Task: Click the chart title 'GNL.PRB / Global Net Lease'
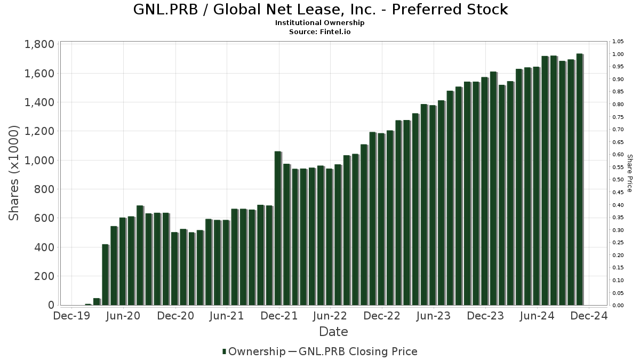click(x=319, y=10)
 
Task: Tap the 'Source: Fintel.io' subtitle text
click(x=319, y=31)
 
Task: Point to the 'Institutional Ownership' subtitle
click(x=319, y=23)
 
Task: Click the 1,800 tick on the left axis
click(x=39, y=44)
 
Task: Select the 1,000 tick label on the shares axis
click(x=39, y=161)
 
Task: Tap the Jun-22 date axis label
click(x=330, y=316)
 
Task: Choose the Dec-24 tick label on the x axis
click(x=589, y=316)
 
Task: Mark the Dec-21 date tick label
click(x=278, y=316)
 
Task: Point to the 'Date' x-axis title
click(x=333, y=332)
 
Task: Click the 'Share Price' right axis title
click(x=629, y=173)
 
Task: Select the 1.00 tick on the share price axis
click(x=618, y=54)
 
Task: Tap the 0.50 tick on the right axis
click(x=618, y=180)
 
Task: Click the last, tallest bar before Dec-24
click(x=579, y=179)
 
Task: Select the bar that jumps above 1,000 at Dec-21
click(x=277, y=228)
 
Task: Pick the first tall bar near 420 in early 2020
click(x=105, y=275)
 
